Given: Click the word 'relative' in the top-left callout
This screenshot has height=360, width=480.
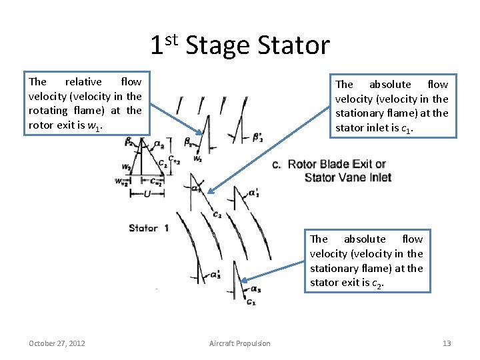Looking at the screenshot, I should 83,81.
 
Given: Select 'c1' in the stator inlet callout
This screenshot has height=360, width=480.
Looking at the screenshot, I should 407,128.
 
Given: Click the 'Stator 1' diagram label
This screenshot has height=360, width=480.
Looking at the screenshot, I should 148,228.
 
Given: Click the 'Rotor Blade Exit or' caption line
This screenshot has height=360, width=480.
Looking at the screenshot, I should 337,164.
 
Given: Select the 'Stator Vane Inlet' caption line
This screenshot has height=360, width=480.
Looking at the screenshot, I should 347,177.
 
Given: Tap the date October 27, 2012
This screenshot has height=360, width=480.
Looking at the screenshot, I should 57,343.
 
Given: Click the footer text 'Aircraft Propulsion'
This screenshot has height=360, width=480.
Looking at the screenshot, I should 240,343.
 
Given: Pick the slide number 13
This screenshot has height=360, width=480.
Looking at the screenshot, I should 447,343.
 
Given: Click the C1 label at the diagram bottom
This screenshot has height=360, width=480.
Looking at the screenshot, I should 250,303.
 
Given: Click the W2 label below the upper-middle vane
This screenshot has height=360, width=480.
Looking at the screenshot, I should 198,159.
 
